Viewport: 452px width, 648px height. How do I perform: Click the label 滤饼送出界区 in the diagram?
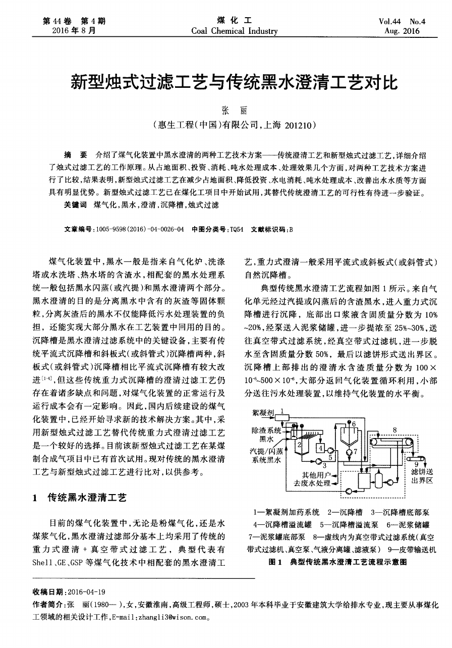coord(423,476)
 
